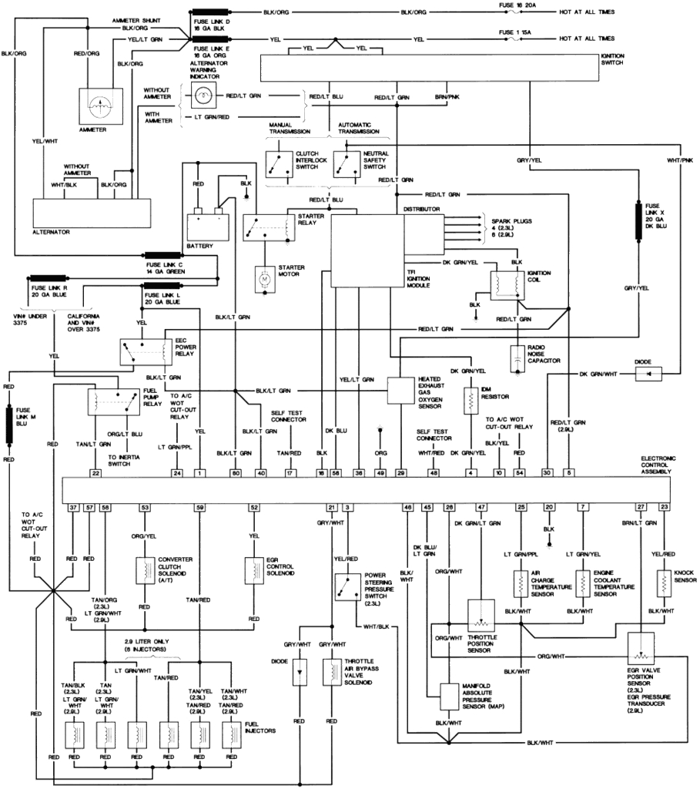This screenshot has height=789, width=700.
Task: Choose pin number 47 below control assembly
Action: (481, 507)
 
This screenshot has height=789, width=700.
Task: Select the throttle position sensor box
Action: (482, 617)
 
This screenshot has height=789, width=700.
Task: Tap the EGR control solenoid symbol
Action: (253, 571)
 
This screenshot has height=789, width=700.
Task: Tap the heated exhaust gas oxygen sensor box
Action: (400, 391)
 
